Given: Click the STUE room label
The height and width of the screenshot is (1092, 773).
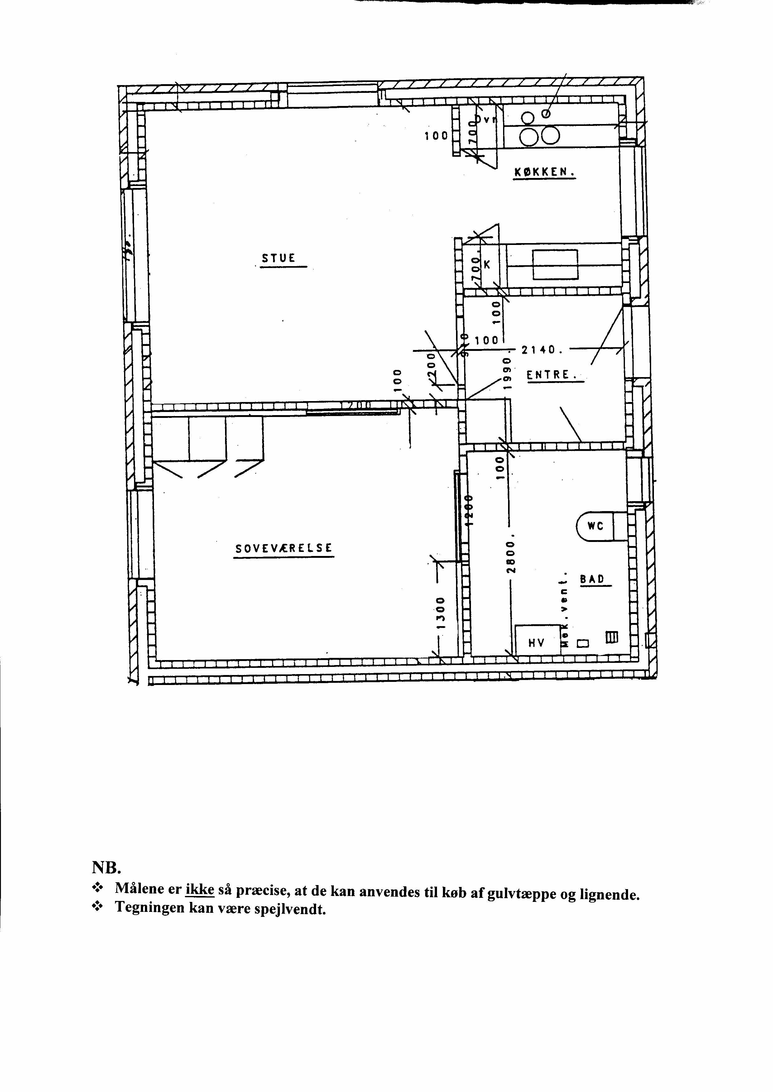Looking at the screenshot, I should pyautogui.click(x=278, y=258).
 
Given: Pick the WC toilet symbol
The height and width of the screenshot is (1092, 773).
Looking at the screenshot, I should pyautogui.click(x=595, y=526).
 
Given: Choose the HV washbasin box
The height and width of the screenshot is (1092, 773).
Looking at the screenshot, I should pyautogui.click(x=536, y=643).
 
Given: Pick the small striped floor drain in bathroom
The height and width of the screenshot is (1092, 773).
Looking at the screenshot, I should pyautogui.click(x=611, y=637).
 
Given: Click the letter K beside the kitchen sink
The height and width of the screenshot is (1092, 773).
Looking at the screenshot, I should pyautogui.click(x=487, y=265).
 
